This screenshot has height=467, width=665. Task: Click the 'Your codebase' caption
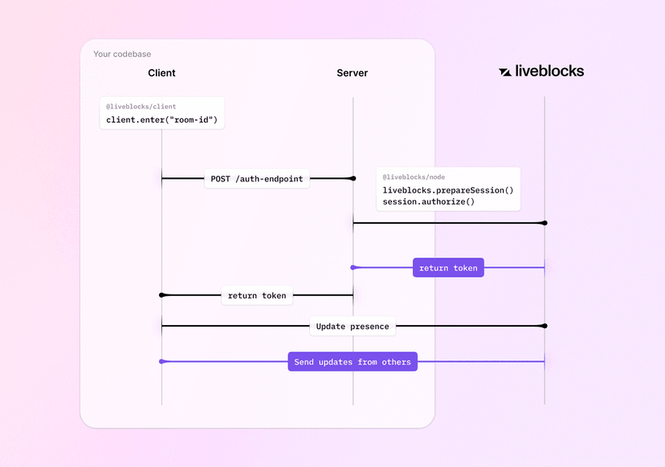(122, 55)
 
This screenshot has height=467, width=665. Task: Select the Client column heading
(161, 73)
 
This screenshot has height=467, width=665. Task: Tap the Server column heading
(352, 73)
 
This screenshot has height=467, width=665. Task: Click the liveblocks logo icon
(504, 71)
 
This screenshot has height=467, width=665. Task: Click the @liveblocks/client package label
(141, 107)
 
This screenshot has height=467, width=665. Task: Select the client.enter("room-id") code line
(161, 120)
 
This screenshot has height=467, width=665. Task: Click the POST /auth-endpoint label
(257, 179)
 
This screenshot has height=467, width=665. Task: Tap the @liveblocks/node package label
(414, 177)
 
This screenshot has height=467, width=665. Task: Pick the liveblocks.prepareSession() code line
(447, 190)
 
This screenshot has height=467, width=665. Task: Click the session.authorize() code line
(429, 202)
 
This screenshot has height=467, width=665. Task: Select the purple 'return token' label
(448, 268)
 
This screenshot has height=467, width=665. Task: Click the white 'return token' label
(256, 295)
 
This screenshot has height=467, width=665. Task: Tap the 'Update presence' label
(352, 327)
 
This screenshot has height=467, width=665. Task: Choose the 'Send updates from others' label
(352, 362)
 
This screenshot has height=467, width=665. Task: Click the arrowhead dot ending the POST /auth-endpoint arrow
(353, 178)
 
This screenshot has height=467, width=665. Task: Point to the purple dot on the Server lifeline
(353, 267)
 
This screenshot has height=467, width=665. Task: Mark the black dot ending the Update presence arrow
(545, 326)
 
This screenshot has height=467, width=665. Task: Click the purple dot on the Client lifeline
(162, 362)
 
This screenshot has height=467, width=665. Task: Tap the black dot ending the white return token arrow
(162, 295)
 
